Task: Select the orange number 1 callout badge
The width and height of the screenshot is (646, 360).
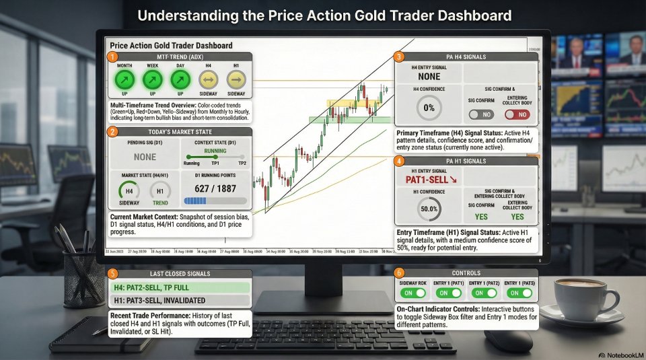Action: [x=112, y=57]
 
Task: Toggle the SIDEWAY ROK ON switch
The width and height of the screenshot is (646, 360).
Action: [x=413, y=293]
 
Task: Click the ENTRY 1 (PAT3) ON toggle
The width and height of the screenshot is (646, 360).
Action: [x=519, y=293]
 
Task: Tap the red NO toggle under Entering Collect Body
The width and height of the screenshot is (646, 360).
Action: [x=517, y=115]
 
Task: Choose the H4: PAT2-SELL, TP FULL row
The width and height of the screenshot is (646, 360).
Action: [x=179, y=287]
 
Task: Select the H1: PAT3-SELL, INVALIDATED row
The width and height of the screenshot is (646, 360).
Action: [x=179, y=300]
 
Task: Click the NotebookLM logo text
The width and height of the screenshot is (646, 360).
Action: [x=617, y=353]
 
